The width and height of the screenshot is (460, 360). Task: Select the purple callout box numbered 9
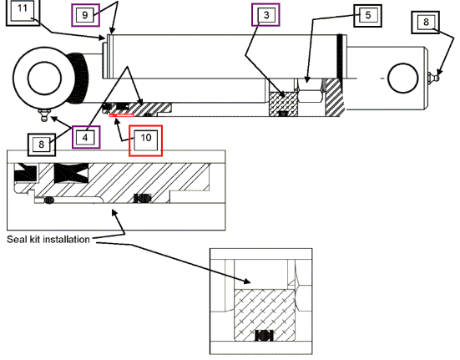pos(85,15)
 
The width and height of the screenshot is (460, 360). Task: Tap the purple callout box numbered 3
pos(265,15)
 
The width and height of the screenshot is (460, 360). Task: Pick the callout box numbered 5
pos(367,16)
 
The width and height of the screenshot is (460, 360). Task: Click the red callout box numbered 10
pos(146,140)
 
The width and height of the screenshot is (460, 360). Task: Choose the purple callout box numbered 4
pos(86,137)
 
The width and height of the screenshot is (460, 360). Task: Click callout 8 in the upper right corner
pos(426,23)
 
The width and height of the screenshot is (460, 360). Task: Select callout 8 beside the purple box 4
pos(42,145)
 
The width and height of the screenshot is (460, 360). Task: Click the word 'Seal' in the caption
pos(13,240)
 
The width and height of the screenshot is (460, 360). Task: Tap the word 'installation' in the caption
pos(67,240)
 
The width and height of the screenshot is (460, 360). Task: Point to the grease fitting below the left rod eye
pos(44,114)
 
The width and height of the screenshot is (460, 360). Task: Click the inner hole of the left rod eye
pos(44,79)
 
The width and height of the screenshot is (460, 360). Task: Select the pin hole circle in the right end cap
pos(403,78)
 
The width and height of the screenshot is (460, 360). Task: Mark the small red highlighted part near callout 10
pos(121,115)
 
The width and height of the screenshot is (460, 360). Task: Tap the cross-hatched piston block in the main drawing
pos(283,104)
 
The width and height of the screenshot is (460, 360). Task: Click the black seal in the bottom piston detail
pos(264,335)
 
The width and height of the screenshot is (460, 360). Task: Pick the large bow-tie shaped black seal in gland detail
pos(71,173)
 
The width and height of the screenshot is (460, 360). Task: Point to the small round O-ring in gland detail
pos(49,200)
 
